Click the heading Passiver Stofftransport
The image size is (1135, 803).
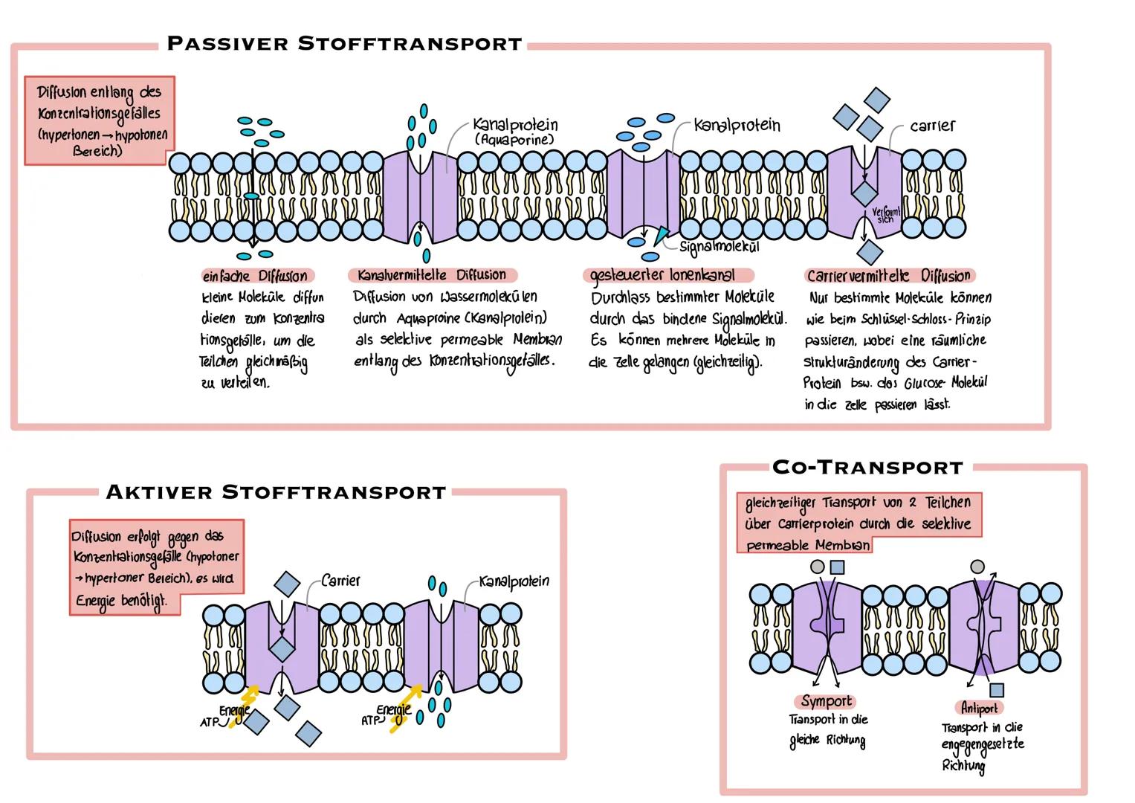pyautogui.click(x=344, y=43)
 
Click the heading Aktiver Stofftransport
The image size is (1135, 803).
pyautogui.click(x=275, y=492)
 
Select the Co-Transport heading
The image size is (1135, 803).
pyautogui.click(x=867, y=468)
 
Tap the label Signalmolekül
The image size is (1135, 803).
pyautogui.click(x=719, y=246)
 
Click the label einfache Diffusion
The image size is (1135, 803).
pyautogui.click(x=254, y=276)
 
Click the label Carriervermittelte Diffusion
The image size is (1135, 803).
pyautogui.click(x=889, y=276)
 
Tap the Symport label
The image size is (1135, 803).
pyautogui.click(x=827, y=701)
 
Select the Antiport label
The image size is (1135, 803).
pyautogui.click(x=979, y=708)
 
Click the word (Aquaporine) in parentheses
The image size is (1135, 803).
pyautogui.click(x=514, y=139)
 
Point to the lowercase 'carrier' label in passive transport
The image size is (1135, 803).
pyautogui.click(x=932, y=126)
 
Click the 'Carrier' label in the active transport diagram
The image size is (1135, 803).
pyautogui.click(x=340, y=580)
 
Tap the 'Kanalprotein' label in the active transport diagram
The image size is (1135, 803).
pyautogui.click(x=514, y=581)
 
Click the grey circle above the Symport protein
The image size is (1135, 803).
pyautogui.click(x=817, y=567)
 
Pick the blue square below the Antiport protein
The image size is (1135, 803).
pyautogui.click(x=996, y=691)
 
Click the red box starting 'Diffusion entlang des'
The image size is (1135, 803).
pyautogui.click(x=99, y=120)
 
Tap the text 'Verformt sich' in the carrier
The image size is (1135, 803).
pyautogui.click(x=885, y=216)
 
